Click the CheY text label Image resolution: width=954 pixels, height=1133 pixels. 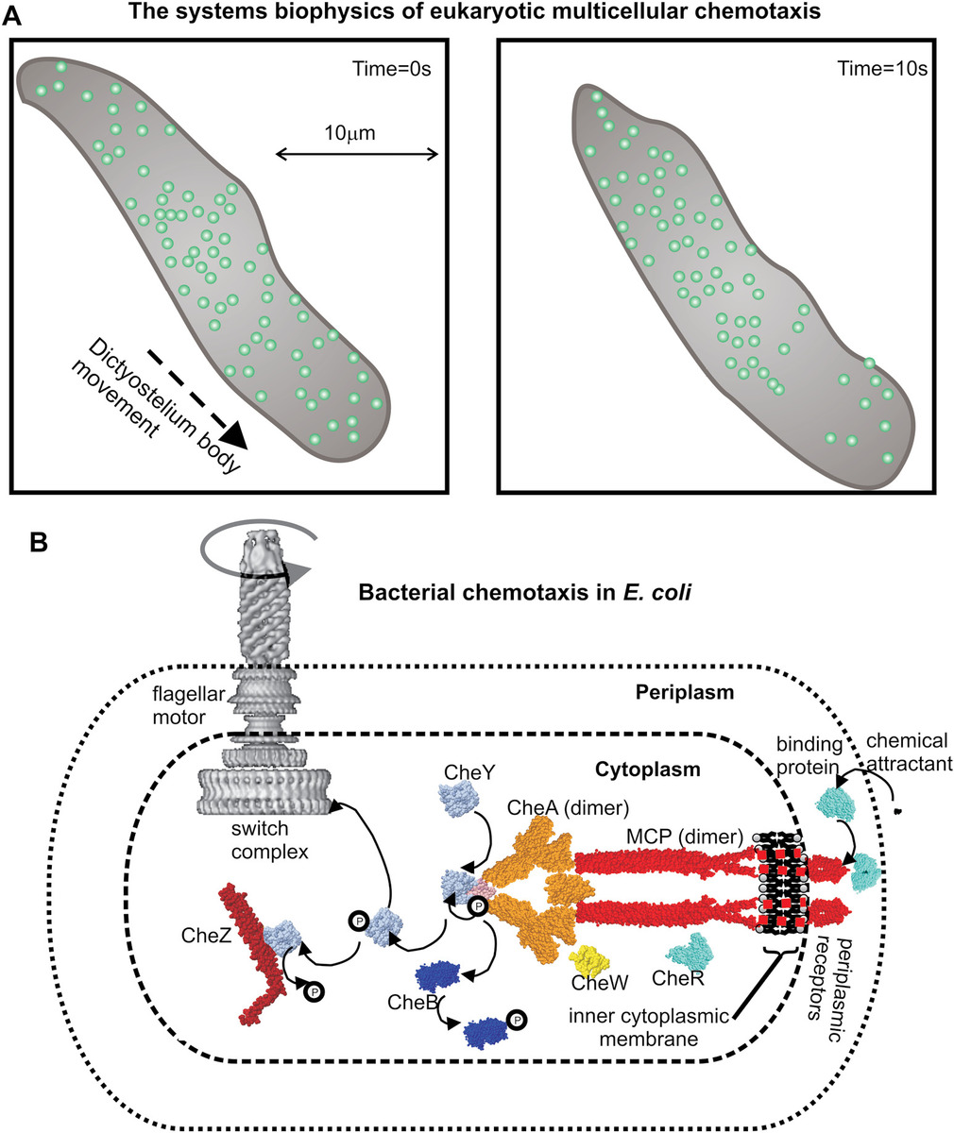click(x=465, y=771)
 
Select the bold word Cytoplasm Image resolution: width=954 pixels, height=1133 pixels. click(x=647, y=769)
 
